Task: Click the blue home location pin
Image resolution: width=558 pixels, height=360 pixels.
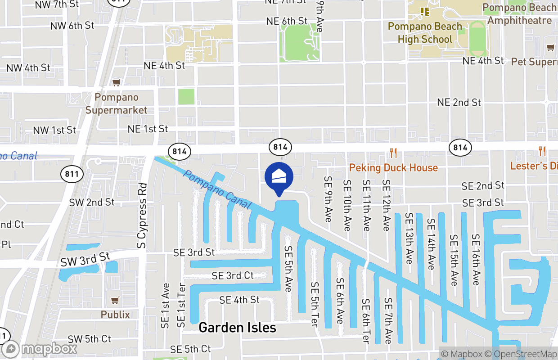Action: coord(279,177)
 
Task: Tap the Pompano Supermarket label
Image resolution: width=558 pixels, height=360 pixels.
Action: coord(117,103)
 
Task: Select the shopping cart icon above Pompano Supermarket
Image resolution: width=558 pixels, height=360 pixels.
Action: coord(116,82)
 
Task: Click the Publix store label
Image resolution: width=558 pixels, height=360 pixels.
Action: coord(115,315)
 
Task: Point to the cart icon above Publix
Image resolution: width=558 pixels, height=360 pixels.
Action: coord(115,300)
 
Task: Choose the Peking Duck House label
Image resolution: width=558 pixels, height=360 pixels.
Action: coord(393,168)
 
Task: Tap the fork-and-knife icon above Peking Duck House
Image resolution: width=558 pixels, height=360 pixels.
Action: coord(393,153)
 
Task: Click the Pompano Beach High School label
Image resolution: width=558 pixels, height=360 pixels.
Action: coord(425,33)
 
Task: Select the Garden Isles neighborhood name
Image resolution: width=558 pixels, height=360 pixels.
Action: coord(237,327)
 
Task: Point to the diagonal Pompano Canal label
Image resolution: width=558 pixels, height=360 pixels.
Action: coord(217,189)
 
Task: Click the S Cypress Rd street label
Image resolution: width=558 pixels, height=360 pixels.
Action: coord(142,216)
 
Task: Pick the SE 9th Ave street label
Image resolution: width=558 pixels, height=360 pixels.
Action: coord(328,198)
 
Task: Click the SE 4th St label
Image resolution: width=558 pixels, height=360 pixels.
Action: coord(239,300)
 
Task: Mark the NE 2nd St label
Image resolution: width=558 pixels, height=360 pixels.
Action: coord(459,103)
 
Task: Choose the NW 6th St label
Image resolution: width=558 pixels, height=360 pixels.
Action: coord(72,25)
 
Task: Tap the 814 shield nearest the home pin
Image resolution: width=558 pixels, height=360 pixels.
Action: coord(279,147)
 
